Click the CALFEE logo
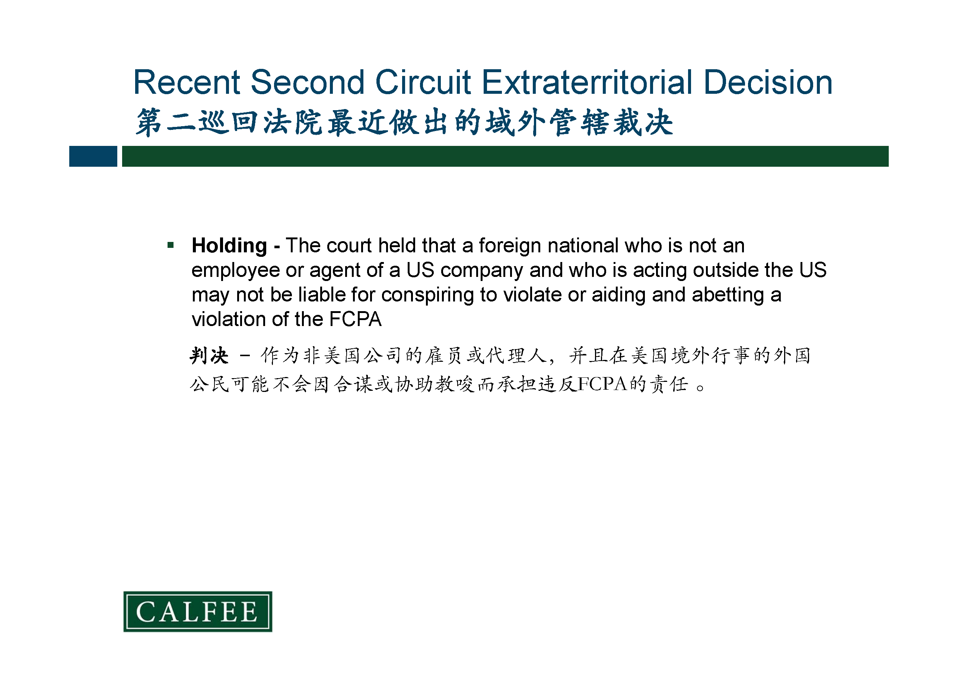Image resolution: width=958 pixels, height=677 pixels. tap(198, 611)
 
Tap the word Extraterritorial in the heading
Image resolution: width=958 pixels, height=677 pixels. tap(587, 82)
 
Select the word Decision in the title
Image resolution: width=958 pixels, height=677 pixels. tap(768, 82)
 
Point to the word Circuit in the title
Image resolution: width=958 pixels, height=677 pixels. tap(423, 82)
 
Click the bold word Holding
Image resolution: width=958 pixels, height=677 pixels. tap(229, 246)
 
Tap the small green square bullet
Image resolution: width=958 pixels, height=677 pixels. tap(170, 245)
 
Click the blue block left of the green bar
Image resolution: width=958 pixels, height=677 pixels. tap(93, 156)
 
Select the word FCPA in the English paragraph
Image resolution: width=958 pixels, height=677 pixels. tap(356, 320)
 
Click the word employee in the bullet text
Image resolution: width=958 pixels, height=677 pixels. tap(235, 271)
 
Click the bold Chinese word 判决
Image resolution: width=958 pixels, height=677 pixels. tap(209, 356)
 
